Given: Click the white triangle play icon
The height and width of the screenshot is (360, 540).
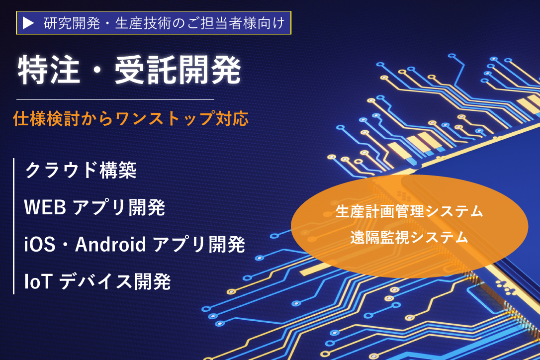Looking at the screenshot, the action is click(28, 23).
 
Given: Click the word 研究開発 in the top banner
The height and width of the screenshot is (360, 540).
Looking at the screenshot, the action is click(72, 23).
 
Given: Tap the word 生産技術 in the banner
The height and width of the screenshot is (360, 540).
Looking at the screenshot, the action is click(143, 23).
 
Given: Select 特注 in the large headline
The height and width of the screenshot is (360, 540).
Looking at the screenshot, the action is click(49, 70).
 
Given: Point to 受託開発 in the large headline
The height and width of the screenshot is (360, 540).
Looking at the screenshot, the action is click(178, 70).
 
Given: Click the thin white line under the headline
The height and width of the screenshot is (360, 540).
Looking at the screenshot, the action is click(115, 99).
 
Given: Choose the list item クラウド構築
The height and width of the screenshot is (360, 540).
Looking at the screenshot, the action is click(81, 170).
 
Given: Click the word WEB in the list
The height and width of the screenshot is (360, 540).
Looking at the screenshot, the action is click(45, 207).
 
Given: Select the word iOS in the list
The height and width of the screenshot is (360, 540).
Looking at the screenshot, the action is click(40, 244).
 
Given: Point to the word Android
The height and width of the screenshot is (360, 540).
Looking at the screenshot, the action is click(110, 244).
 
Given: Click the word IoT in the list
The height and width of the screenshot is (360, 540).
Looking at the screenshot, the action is click(38, 281).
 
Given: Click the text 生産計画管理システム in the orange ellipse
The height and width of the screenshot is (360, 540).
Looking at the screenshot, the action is click(409, 211).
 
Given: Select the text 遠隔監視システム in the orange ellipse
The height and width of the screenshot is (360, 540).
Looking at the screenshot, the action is click(409, 237).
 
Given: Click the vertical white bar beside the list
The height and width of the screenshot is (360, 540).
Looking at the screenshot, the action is click(13, 226).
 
